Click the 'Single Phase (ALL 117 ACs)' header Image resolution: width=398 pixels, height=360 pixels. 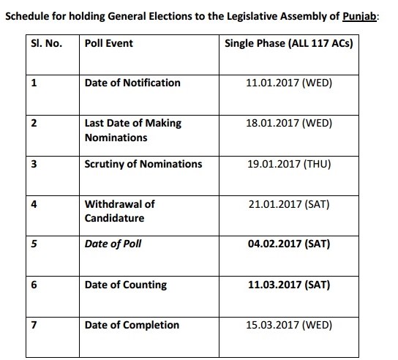coord(289,44)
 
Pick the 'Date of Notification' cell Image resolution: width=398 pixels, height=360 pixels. coord(132,83)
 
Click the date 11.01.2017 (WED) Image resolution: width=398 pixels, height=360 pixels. coord(290,83)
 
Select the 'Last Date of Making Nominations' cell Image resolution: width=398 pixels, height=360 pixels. coord(132,130)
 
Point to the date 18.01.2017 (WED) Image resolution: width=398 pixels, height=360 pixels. coord(290,124)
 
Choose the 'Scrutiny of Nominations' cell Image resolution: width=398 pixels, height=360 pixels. coord(143,164)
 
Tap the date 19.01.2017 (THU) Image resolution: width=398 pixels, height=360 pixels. coord(290,164)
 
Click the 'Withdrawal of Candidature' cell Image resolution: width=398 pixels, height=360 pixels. coord(120,211)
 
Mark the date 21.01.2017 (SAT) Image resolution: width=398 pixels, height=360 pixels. coord(290,204)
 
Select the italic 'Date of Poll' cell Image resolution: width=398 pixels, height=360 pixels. coord(113,244)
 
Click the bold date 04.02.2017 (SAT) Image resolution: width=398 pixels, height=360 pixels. coord(290,244)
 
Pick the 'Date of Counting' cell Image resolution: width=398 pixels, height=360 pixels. coord(126,285)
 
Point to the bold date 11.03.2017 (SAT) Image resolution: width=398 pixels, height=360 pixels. coord(290,285)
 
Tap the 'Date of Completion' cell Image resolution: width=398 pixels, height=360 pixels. coord(132,324)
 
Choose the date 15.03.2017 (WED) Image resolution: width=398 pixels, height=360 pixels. coord(290,324)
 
